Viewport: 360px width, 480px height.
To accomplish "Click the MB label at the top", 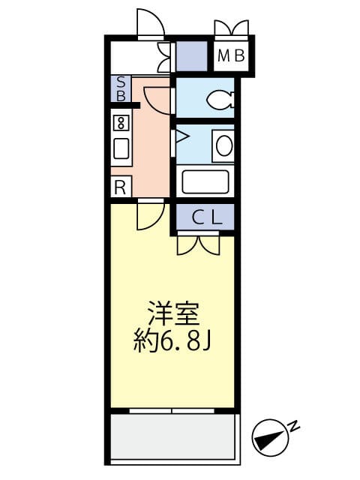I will pos(230,55).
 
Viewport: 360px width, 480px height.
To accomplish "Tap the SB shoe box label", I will pos(119,89).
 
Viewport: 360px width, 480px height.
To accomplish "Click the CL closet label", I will pos(205,218).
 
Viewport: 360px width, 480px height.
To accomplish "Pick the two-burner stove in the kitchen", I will pos(119,122).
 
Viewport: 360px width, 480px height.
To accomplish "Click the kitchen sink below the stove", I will pos(120,148).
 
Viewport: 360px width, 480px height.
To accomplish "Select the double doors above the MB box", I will pos(231,29).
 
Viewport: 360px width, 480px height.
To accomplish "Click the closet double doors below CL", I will pos(198,244).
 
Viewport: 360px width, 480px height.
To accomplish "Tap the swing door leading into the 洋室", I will pos(150,214).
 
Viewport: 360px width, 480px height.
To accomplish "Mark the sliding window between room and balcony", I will pos(172,410).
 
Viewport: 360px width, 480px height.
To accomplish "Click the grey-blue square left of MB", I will pos(190,56).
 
